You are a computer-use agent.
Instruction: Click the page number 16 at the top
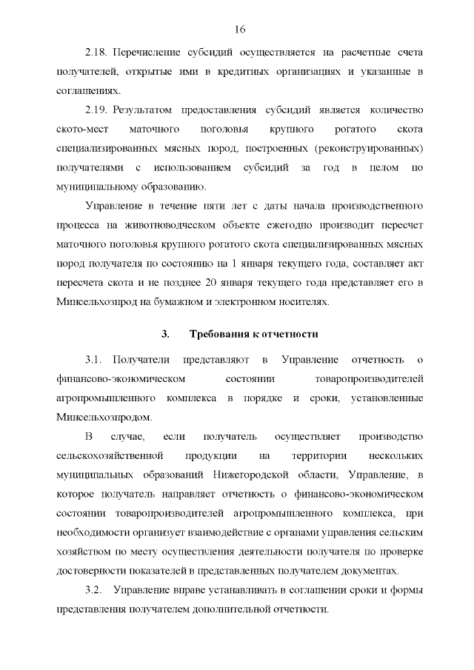point(238,30)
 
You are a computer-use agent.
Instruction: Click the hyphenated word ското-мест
point(82,129)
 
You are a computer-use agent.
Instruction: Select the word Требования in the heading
point(220,334)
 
